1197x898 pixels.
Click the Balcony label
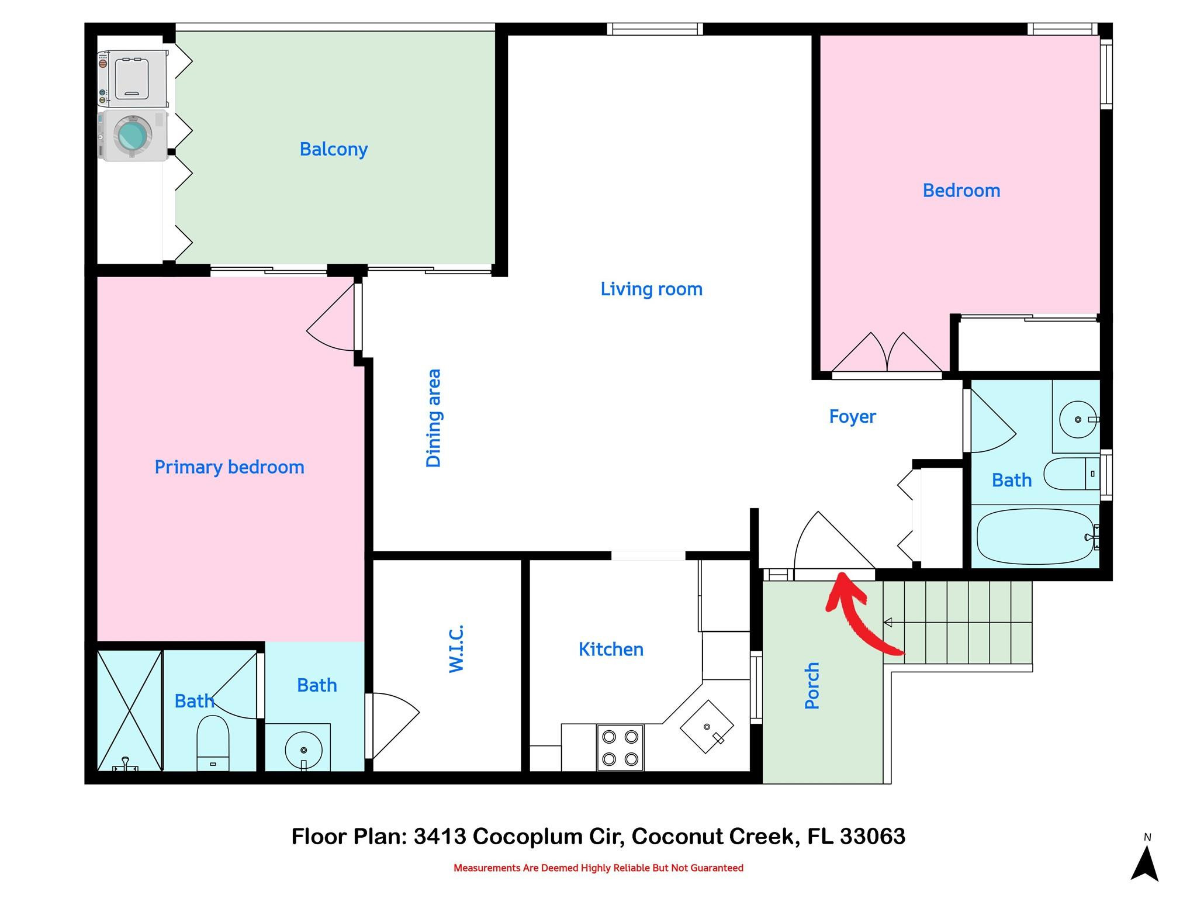pos(333,149)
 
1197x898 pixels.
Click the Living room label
pos(651,289)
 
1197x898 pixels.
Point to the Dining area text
pos(433,418)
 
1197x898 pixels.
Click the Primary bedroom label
pos(229,467)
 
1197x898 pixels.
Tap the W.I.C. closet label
pos(456,649)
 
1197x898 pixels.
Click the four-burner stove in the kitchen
pos(620,747)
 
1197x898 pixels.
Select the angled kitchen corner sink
pos(707,726)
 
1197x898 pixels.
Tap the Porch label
pos(812,686)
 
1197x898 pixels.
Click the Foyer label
pos(852,416)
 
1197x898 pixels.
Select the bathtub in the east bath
pos(1035,536)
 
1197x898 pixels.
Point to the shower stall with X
pos(129,710)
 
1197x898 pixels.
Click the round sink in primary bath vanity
pos(303,750)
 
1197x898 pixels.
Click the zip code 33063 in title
pos(872,836)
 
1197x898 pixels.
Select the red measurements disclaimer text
pos(598,868)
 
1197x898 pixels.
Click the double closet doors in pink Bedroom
pos(887,354)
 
